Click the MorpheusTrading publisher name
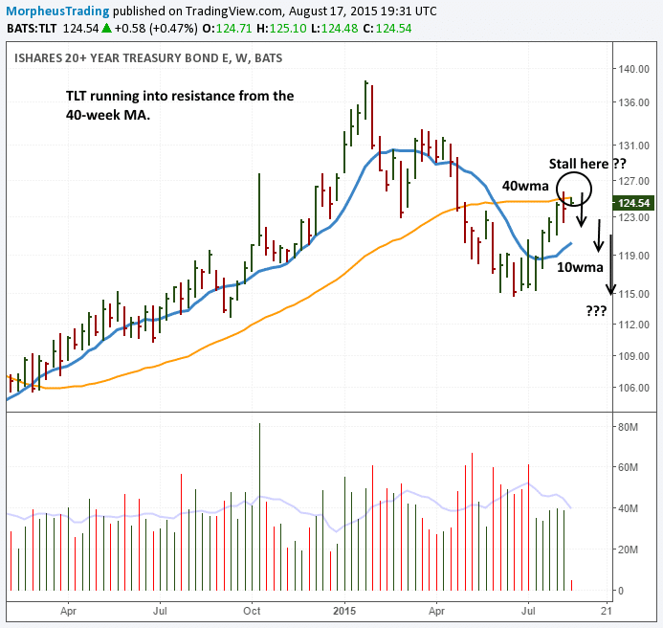coord(50,11)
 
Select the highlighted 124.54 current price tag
coord(634,203)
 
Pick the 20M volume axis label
coord(628,549)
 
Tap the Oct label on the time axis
coord(252,608)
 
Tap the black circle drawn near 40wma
coord(576,190)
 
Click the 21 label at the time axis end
coord(606,608)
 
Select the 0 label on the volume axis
coord(620,591)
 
